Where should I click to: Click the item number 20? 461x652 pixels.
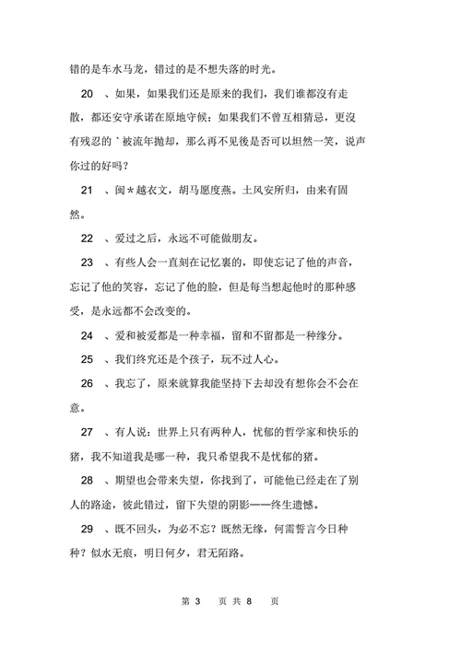[88, 95]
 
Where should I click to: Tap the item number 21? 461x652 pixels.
[88, 191]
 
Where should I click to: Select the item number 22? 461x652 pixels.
[88, 239]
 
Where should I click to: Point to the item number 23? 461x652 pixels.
[88, 262]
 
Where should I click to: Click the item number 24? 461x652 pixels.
[88, 334]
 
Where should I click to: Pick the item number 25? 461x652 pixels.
[88, 358]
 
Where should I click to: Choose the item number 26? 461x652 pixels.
[88, 382]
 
